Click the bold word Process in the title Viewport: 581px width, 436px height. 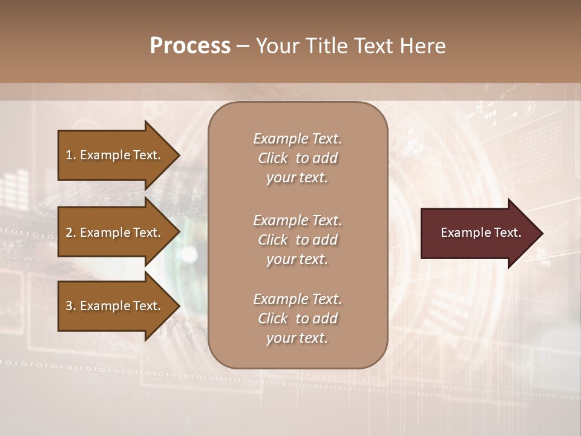190,46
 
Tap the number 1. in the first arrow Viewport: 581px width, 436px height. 71,156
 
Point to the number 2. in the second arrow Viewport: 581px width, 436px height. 71,233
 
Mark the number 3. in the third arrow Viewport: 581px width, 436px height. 71,306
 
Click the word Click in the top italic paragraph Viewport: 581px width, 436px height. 273,158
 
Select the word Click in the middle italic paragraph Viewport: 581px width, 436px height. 273,240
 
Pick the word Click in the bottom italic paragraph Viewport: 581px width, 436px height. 273,319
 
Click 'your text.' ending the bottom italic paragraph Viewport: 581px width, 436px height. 297,339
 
